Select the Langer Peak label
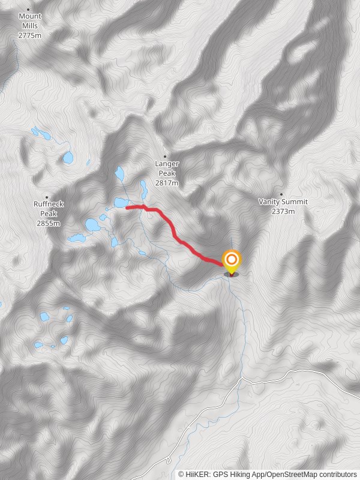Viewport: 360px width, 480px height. coord(167,168)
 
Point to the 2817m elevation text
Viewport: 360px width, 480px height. coord(167,183)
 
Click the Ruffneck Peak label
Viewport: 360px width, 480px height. coord(49,209)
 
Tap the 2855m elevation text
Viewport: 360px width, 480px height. coord(49,223)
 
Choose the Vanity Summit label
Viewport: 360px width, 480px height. coord(283,202)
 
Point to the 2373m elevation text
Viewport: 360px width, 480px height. coord(283,211)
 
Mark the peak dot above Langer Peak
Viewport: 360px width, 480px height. coord(165,157)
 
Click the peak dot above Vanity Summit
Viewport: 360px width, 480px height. coord(281,194)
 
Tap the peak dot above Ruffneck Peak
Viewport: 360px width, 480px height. coord(46,197)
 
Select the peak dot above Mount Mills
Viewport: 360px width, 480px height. coord(28,10)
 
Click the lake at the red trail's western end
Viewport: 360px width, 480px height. coord(119,203)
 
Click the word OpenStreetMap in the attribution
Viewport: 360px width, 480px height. coord(292,474)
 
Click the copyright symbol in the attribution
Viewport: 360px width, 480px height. coord(181,474)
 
